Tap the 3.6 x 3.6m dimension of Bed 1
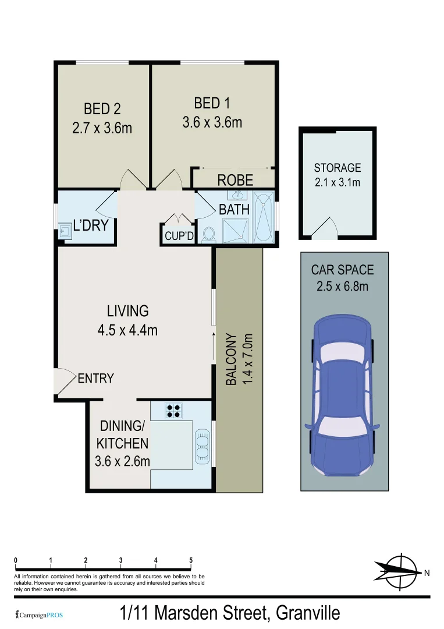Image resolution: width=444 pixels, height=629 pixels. click(212, 123)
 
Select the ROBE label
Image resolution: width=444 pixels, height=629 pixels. click(235, 180)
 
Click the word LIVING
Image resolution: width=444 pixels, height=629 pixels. click(127, 310)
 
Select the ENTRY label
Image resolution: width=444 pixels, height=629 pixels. click(95, 379)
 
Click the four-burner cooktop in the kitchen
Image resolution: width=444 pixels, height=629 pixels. click(173, 411)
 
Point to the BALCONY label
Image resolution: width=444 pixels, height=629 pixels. click(230, 359)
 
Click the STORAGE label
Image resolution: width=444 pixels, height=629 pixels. click(338, 168)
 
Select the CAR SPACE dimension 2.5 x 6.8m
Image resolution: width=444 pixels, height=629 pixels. click(343, 286)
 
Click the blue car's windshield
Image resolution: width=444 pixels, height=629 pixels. click(342, 426)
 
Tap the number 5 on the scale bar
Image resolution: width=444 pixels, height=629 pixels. click(191, 560)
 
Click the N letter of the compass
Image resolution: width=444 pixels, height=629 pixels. click(427, 573)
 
